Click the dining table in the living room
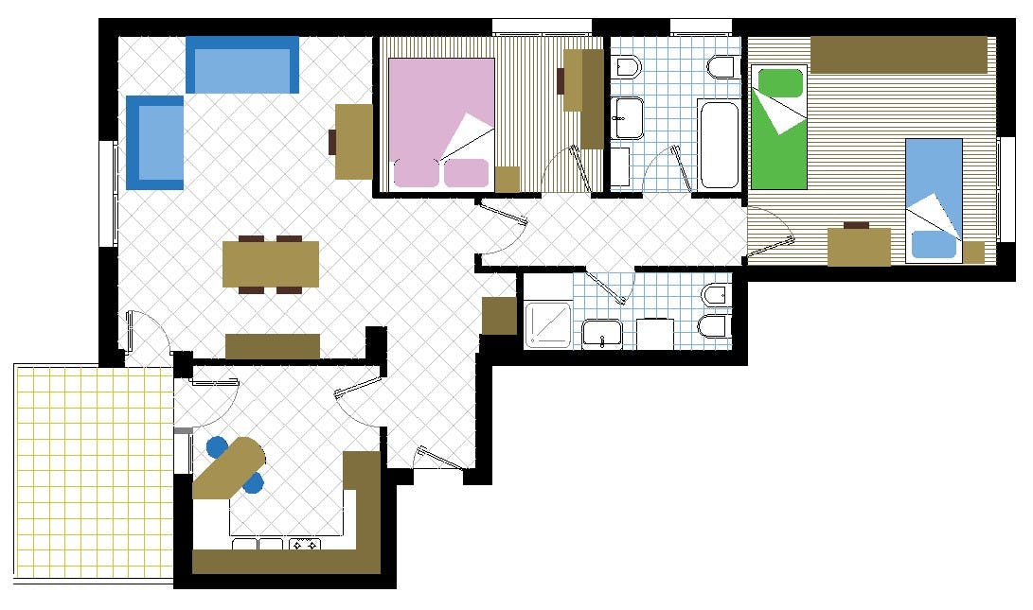tap(271, 264)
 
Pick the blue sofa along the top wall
tap(242, 64)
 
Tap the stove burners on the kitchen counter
tap(305, 545)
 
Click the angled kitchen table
tap(229, 467)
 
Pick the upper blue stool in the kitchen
tap(217, 445)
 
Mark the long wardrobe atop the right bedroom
tap(899, 55)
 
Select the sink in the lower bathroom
tap(601, 333)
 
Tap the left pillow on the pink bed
tap(417, 173)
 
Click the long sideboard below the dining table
tap(273, 346)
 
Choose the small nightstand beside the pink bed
tap(508, 179)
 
